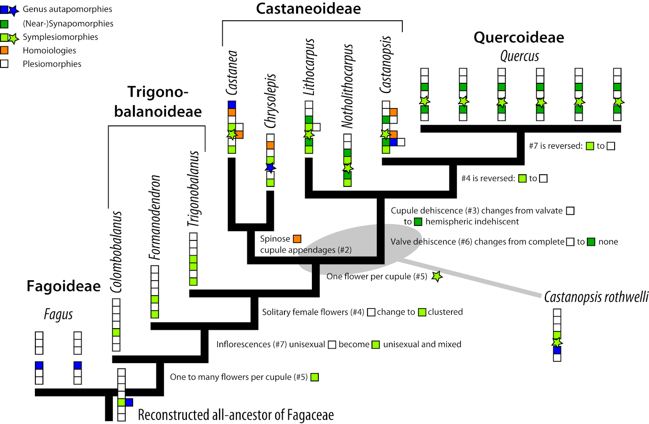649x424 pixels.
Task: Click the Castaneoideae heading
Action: pos(308,9)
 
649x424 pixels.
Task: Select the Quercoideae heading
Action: pos(519,37)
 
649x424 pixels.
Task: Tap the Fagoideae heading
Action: pos(63,286)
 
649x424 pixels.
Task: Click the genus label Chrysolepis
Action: pos(270,101)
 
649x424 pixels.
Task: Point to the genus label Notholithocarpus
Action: pos(347,86)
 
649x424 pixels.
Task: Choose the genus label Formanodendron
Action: pos(155,217)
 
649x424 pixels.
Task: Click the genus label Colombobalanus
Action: pos(116,252)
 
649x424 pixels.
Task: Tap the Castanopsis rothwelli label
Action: pos(596,297)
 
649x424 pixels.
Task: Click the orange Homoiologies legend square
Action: pos(4,50)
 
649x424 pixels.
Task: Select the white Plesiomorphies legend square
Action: pos(4,64)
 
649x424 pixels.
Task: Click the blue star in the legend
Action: pos(14,10)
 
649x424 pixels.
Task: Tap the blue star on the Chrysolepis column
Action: pos(271,167)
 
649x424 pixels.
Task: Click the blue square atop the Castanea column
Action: pos(232,105)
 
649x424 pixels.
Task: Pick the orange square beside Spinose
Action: pos(297,239)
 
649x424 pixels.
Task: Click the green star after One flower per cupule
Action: pos(437,277)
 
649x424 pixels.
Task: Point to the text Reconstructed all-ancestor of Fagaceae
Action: pos(236,415)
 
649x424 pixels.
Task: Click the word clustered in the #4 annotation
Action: pos(445,312)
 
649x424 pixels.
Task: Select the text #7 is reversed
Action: pos(555,146)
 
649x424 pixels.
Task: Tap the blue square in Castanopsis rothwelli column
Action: pos(557,350)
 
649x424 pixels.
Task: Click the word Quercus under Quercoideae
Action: pos(520,56)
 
